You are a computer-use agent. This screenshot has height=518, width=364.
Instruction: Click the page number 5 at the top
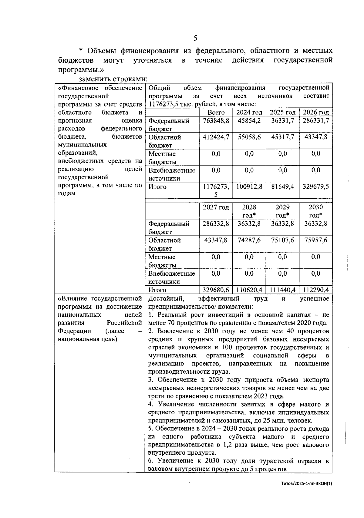[195, 38]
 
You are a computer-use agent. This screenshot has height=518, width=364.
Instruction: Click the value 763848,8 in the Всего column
[216, 120]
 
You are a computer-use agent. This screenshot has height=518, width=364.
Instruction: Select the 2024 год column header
[249, 112]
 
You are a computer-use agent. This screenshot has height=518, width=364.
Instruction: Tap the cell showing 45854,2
[249, 120]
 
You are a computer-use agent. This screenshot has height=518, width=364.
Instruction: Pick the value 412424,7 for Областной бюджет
[216, 137]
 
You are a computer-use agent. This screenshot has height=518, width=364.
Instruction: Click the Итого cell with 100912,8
[249, 187]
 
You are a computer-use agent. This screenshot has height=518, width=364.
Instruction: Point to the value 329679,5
[315, 187]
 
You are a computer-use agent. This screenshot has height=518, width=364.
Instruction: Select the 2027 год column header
[216, 207]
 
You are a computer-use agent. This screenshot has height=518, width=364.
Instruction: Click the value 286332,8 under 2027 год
[216, 224]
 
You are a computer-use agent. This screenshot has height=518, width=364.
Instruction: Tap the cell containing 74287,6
[249, 240]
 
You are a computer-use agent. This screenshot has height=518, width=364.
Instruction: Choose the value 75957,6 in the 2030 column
[315, 240]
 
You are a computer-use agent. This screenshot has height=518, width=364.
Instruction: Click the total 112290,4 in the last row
[315, 290]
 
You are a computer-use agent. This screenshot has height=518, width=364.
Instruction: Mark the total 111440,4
[282, 290]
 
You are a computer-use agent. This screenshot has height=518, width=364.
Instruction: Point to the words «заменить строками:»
[113, 79]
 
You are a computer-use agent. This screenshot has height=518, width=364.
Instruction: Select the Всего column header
[216, 112]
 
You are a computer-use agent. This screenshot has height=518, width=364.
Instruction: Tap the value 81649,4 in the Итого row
[282, 187]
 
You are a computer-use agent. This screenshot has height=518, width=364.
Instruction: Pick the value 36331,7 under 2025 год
[282, 120]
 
